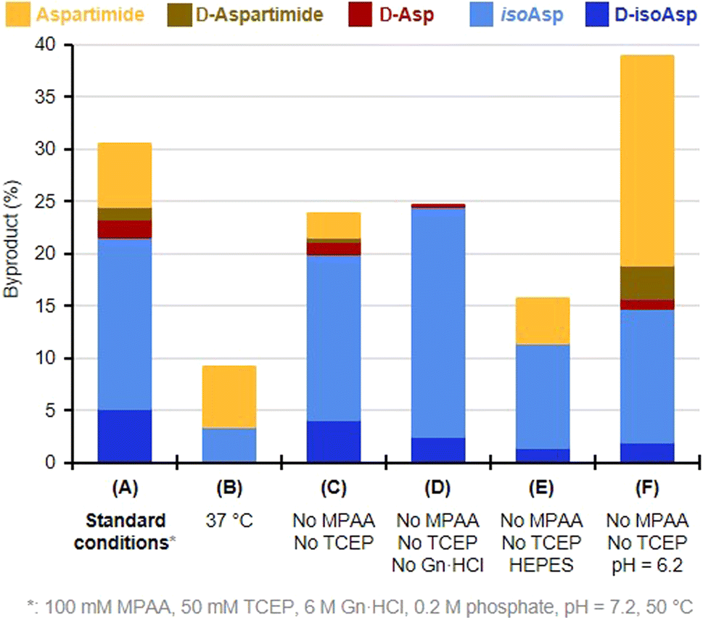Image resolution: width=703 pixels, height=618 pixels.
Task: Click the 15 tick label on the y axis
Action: (x=55, y=306)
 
